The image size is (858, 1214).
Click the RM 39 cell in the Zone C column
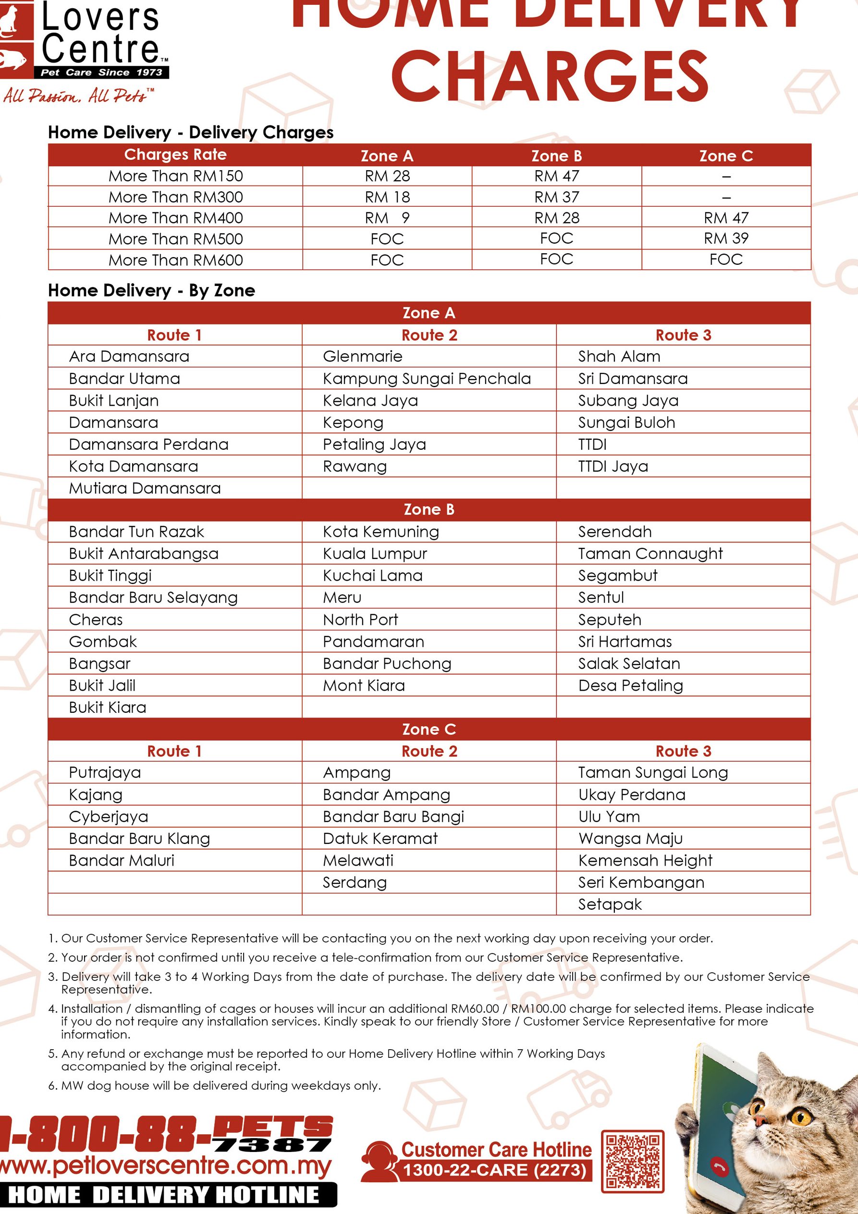tap(726, 238)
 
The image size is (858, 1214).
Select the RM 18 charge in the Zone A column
tap(387, 197)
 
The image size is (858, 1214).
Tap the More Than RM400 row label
tap(175, 218)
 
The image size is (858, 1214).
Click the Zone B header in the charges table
tap(556, 156)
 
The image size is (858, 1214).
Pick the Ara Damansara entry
tap(129, 357)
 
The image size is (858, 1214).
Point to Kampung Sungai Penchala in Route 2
tap(427, 379)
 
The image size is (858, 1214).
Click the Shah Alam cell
tap(619, 357)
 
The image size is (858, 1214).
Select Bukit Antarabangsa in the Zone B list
tap(143, 554)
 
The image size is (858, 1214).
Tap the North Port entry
tap(360, 619)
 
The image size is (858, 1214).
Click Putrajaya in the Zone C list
tap(105, 772)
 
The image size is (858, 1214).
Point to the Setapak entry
tap(610, 904)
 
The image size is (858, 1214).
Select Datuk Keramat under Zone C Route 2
tap(380, 839)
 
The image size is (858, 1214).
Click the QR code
tap(632, 1162)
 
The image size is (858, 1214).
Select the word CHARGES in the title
tap(549, 77)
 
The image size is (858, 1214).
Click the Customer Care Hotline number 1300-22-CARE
tap(495, 1171)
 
